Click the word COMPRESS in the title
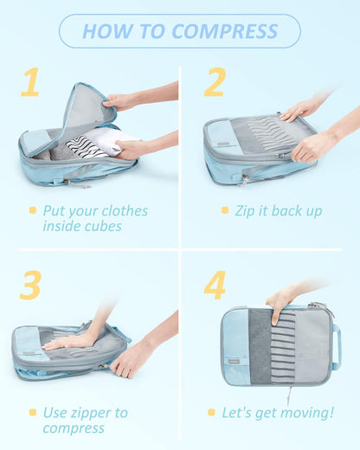[x=225, y=32]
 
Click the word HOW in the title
[x=105, y=32]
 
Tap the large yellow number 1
[x=30, y=82]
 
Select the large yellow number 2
[x=214, y=82]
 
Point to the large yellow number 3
[x=30, y=285]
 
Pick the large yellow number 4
[x=214, y=285]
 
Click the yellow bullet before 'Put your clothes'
[x=33, y=210]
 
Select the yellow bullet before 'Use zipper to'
[x=33, y=413]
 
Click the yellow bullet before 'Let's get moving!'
[x=212, y=413]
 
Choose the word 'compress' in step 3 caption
[x=74, y=428]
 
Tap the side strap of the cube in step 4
[x=336, y=346]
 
